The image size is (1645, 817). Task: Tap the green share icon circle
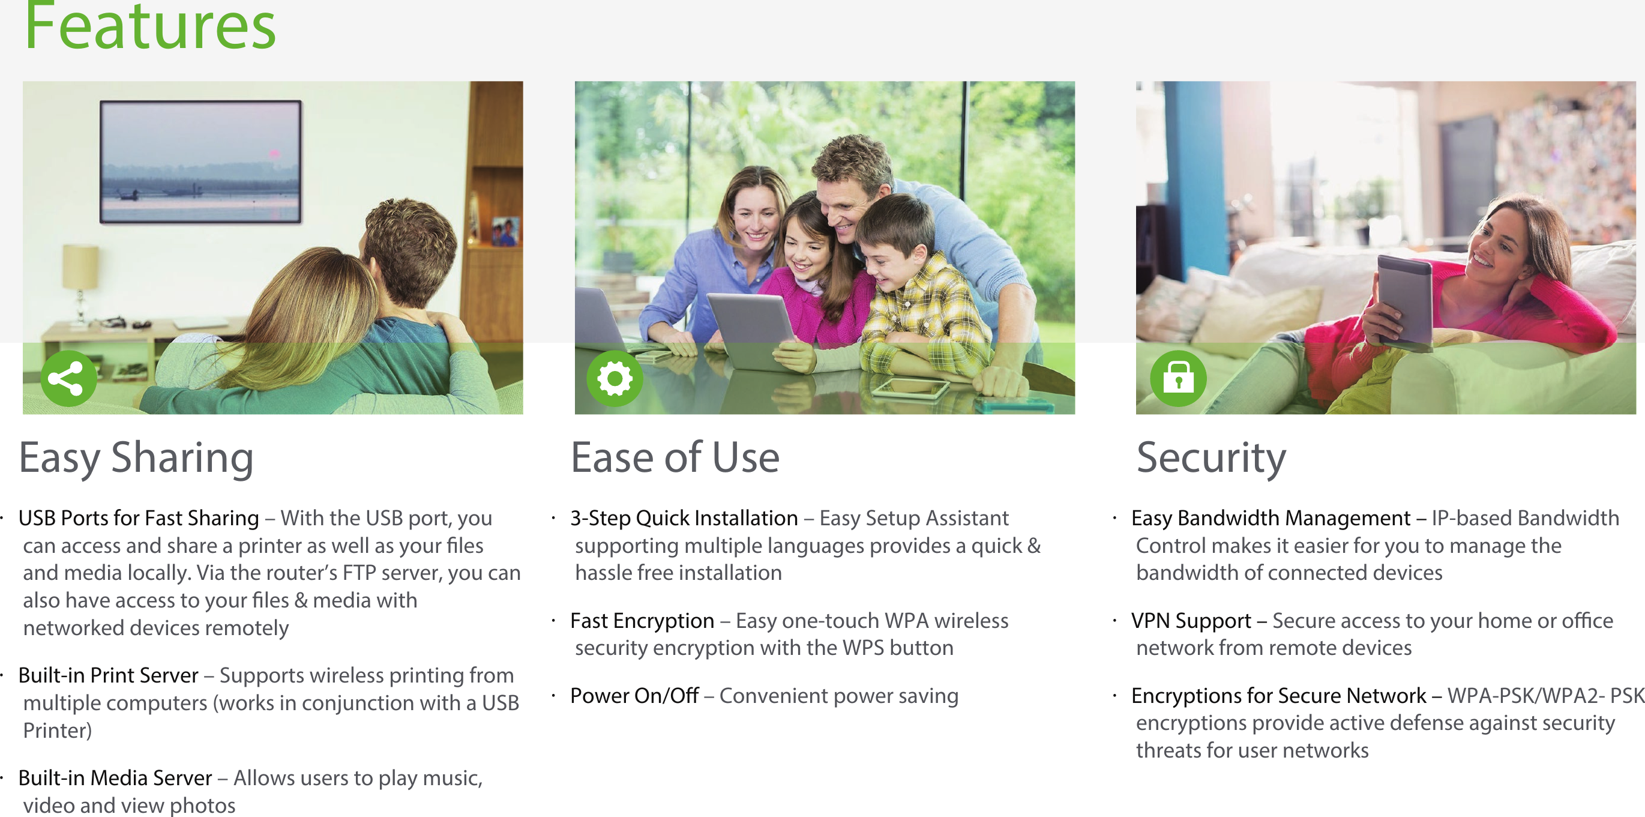(69, 378)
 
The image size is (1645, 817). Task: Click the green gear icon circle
(615, 378)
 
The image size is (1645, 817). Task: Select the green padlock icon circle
(1178, 378)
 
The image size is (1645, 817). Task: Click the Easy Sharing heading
(136, 458)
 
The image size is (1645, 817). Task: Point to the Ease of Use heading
(675, 457)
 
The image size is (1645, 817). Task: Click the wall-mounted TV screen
(200, 161)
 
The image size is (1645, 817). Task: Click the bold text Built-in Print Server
(108, 675)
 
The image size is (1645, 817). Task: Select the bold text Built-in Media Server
(115, 777)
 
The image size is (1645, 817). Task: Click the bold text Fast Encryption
(642, 620)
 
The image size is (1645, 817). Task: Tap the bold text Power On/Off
(634, 695)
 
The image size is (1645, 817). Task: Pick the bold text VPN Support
(1190, 620)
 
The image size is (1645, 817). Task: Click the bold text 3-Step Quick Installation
(684, 518)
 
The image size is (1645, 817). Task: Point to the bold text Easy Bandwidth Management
(1271, 518)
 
